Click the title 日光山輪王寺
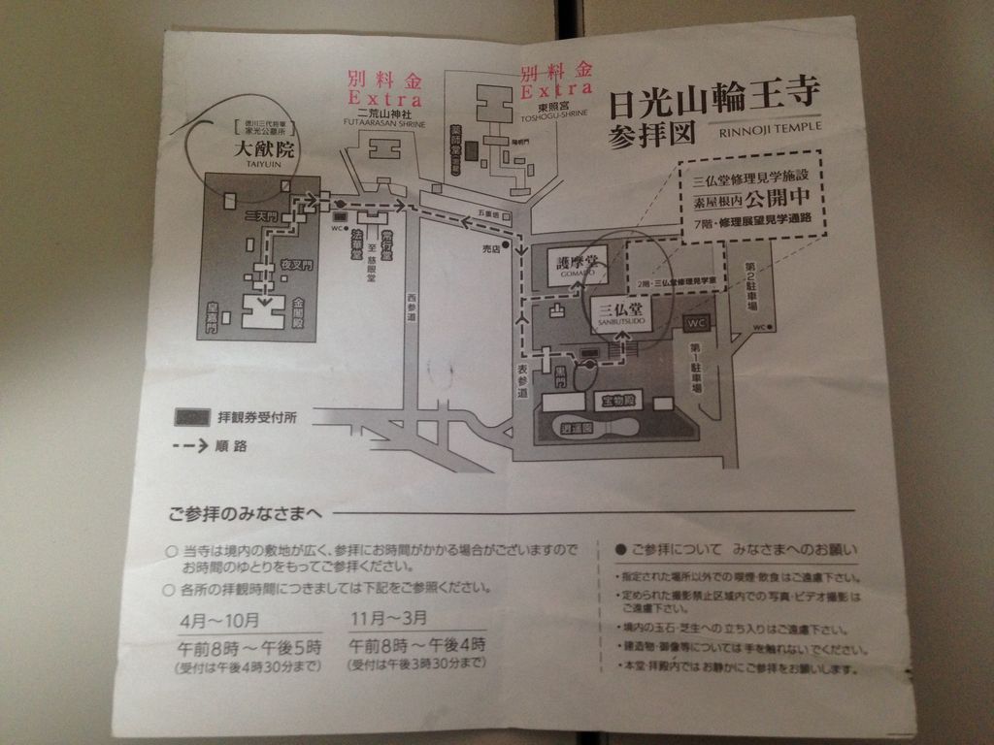point(713,97)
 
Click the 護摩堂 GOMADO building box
point(578,265)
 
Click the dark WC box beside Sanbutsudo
point(697,322)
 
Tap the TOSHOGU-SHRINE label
point(555,113)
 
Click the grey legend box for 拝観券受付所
point(192,417)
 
